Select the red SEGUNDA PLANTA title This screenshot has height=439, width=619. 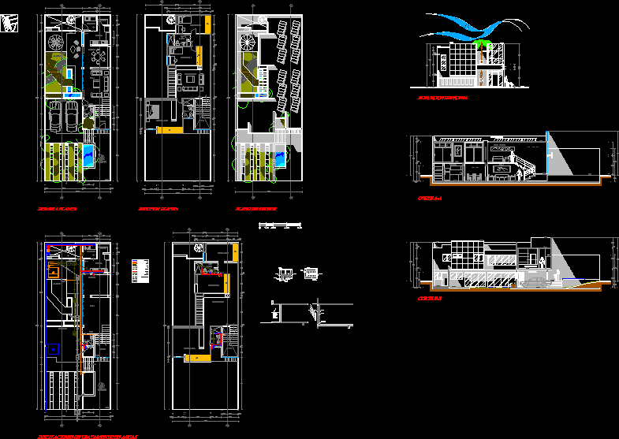[158, 210]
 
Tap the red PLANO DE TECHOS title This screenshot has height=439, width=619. [255, 210]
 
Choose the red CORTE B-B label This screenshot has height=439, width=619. [430, 299]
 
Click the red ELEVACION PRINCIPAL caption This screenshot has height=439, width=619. [443, 99]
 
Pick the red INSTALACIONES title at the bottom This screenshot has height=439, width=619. [88, 435]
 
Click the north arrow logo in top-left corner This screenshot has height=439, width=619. [9, 26]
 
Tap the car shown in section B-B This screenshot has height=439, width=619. [533, 281]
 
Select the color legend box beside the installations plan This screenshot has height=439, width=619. [139, 270]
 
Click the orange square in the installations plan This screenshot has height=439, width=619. [54, 271]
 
